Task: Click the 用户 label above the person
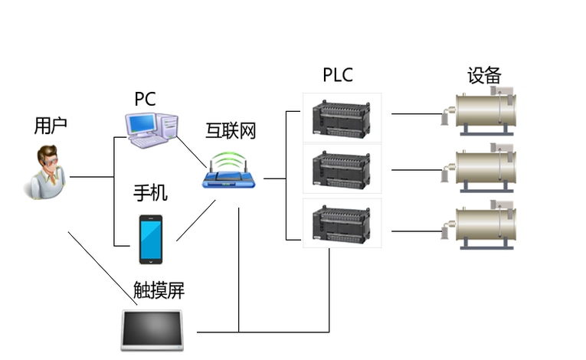pos(51,126)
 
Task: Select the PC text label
pos(145,99)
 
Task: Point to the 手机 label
pos(150,193)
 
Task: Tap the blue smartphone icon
pos(150,239)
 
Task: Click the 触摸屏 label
pos(159,290)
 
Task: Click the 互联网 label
pos(231,130)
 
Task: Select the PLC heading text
pos(338,75)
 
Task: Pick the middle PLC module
pos(341,169)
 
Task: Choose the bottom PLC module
pos(341,224)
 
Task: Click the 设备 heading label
pos(484,75)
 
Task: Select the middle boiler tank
pos(486,169)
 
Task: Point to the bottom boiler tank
pos(486,226)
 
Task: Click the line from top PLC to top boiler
pos(417,113)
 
